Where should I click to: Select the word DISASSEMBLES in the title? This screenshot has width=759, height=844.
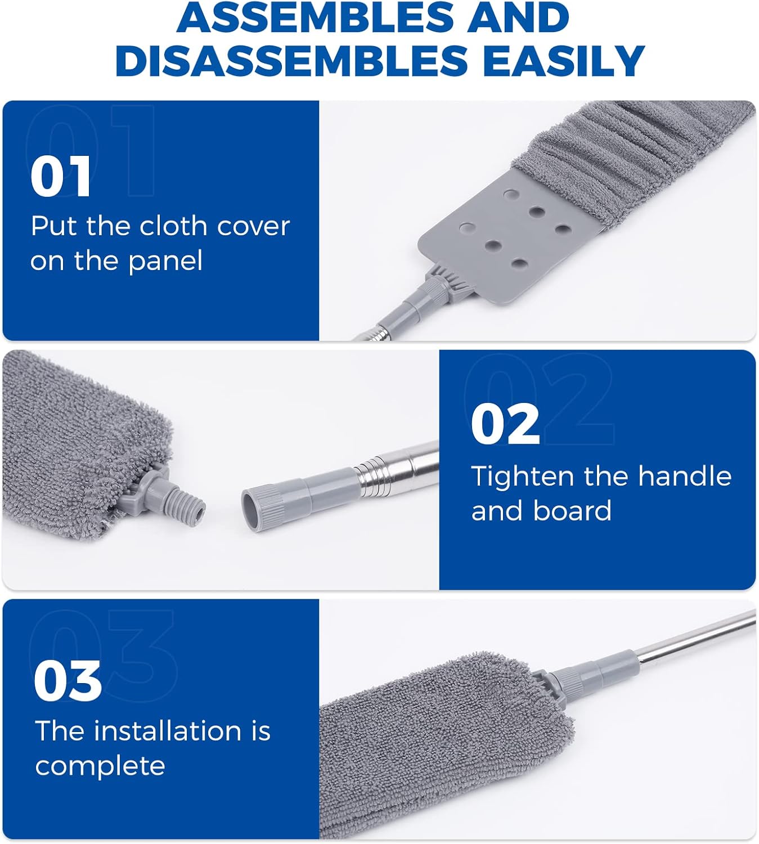pos(291,60)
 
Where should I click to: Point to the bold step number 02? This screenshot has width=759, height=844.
pos(505,424)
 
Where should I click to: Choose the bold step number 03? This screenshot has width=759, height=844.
pos(68,681)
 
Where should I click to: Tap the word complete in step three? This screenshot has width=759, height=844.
pos(100,766)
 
